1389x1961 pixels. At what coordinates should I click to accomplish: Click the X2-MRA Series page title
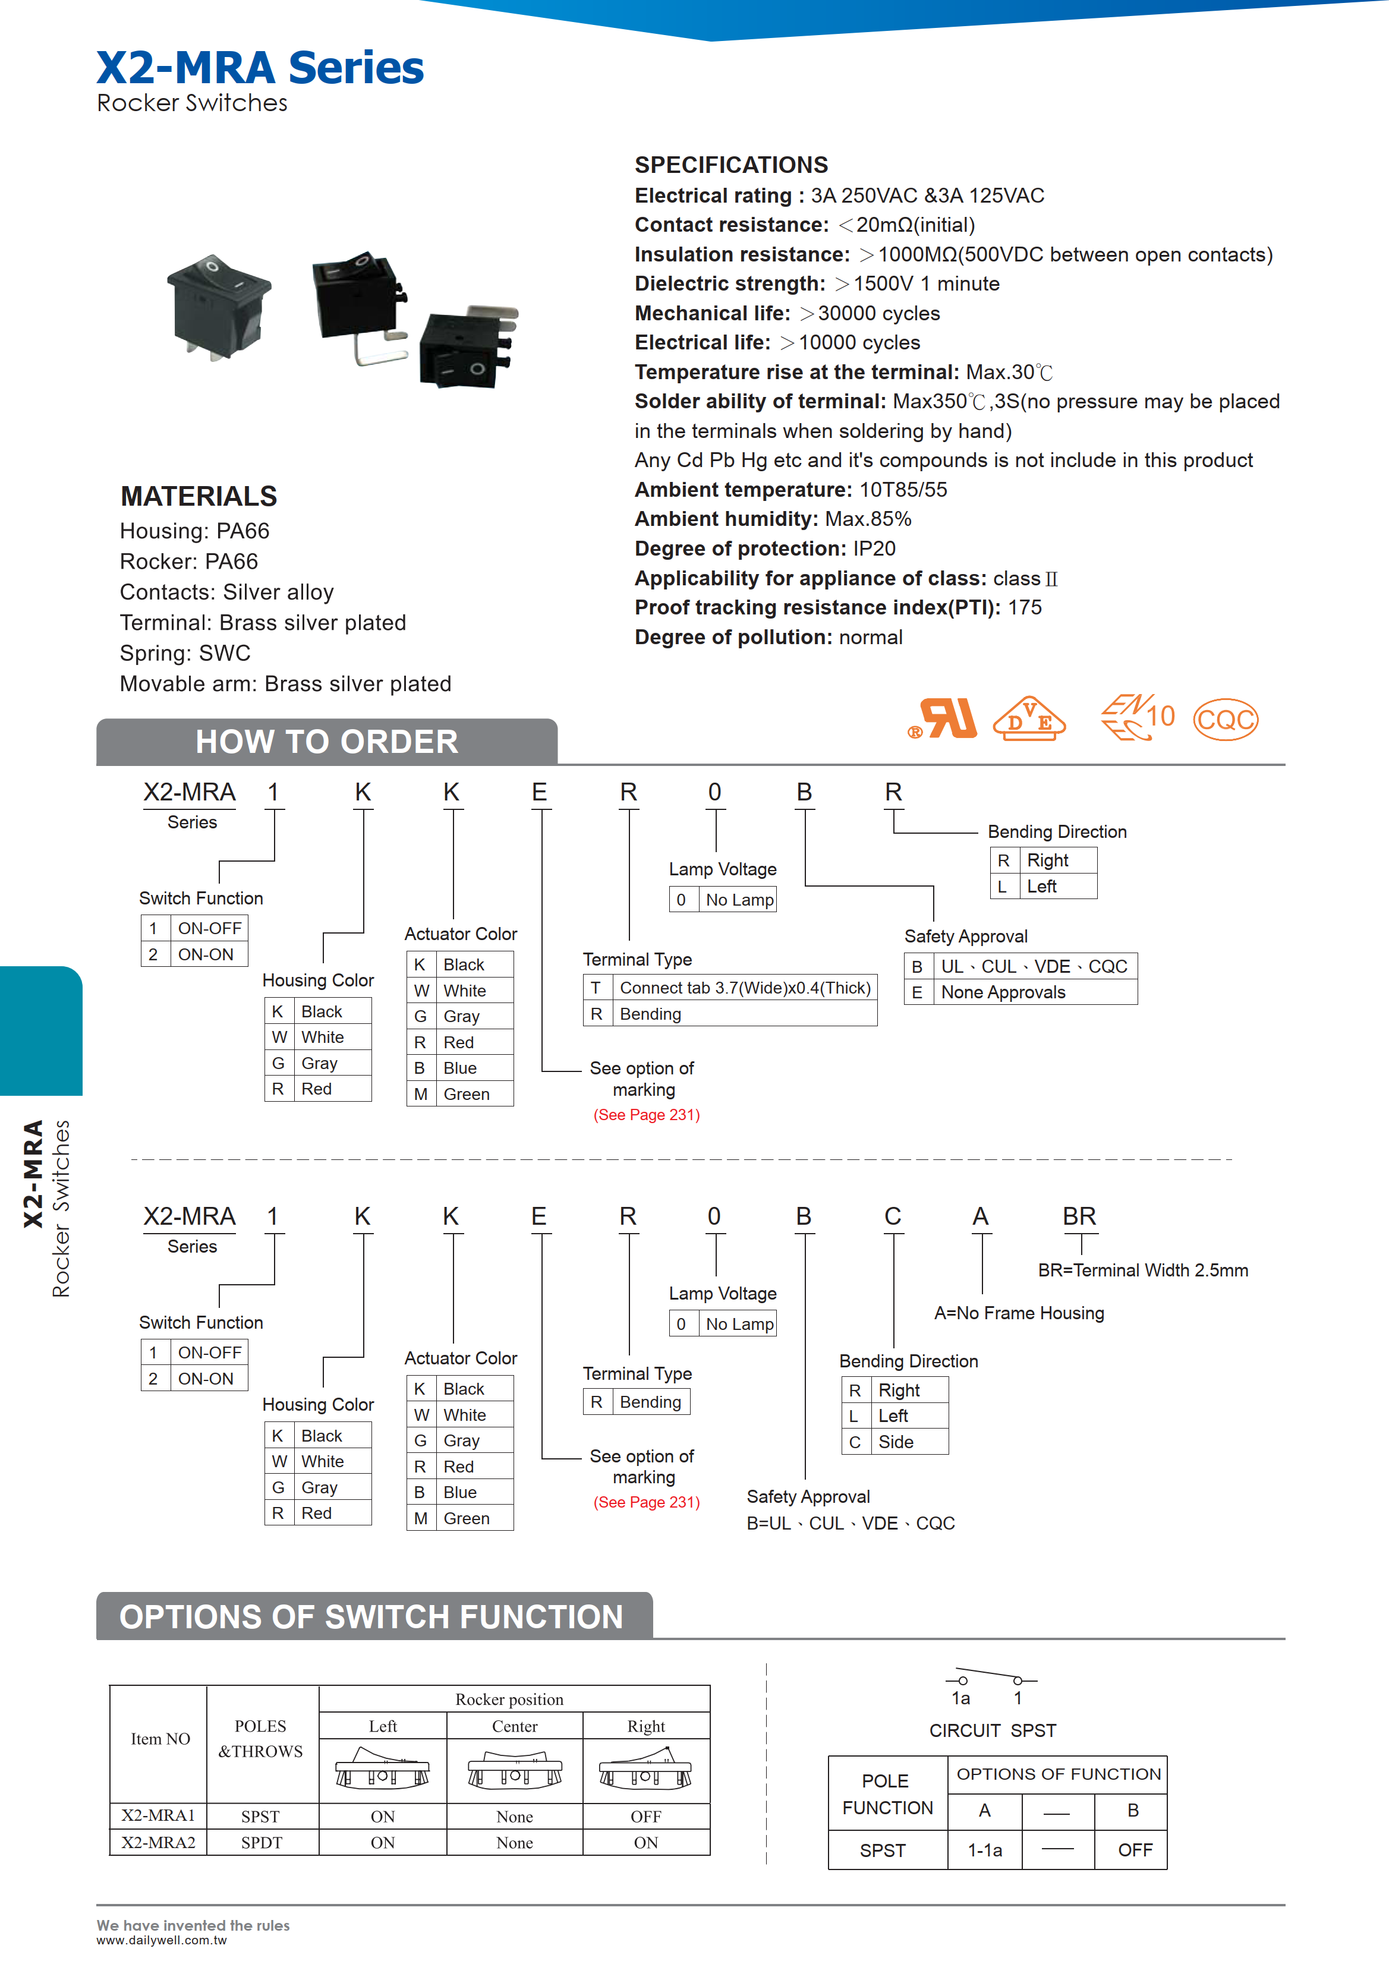[259, 68]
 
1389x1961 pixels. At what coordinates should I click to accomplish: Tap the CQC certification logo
[1225, 719]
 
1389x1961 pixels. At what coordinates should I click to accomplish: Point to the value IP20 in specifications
[874, 549]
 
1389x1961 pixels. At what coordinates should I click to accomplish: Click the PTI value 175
[1025, 608]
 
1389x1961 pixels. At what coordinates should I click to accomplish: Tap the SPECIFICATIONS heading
[731, 165]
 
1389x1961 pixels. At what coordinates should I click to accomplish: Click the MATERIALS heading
[199, 496]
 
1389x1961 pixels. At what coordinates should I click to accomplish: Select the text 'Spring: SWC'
[185, 654]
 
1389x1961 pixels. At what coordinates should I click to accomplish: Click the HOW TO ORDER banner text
[327, 742]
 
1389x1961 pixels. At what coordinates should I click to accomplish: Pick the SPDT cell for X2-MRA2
[261, 1842]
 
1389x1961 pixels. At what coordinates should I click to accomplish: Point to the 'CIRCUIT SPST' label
[992, 1730]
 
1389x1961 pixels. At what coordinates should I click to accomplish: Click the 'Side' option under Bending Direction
[896, 1442]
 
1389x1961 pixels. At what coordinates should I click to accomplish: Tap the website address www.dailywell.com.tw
[161, 1940]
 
